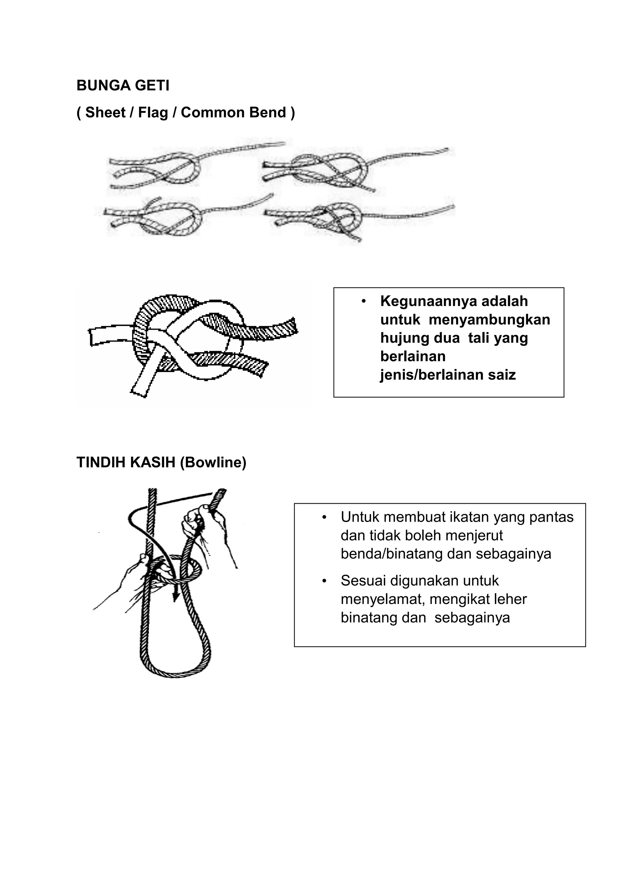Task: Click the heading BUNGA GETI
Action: click(123, 85)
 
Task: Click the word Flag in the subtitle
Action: click(153, 113)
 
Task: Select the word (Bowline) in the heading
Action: click(213, 463)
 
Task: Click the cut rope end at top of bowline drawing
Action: click(222, 492)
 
